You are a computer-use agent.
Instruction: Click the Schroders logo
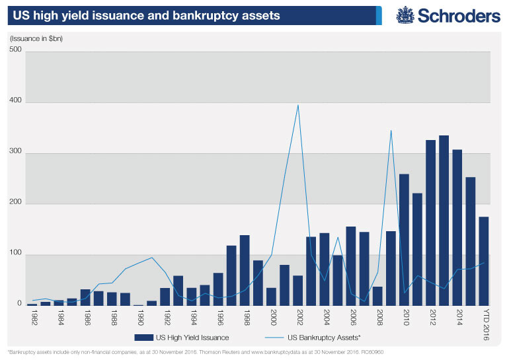click(x=448, y=15)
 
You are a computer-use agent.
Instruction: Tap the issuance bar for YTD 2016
click(x=483, y=261)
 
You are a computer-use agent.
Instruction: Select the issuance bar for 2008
click(x=377, y=295)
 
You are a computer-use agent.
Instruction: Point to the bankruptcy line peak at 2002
click(x=298, y=105)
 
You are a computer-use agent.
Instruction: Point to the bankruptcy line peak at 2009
click(x=391, y=130)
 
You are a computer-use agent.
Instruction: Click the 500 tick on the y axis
click(x=15, y=51)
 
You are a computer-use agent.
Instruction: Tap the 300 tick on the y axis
click(x=15, y=153)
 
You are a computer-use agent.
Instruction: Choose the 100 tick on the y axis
click(x=15, y=254)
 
